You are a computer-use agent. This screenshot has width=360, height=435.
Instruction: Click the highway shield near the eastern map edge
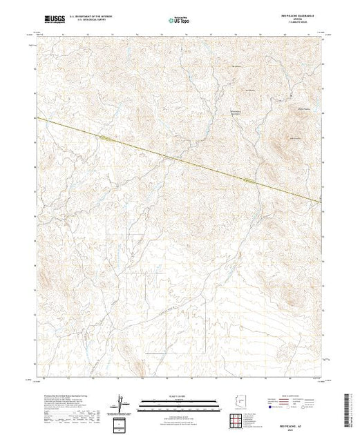click(252, 182)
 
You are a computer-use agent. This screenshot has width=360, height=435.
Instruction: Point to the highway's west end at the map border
click(38, 118)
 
